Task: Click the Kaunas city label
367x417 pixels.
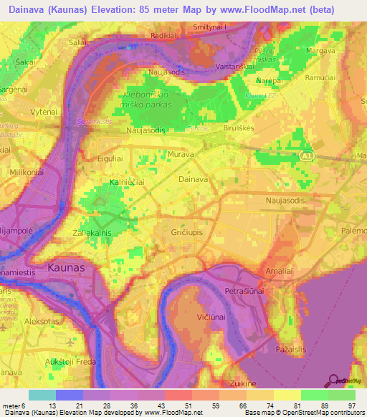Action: [x=65, y=267]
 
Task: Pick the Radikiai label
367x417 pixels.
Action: [x=163, y=33]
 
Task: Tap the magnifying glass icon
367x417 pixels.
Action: [x=333, y=380]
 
